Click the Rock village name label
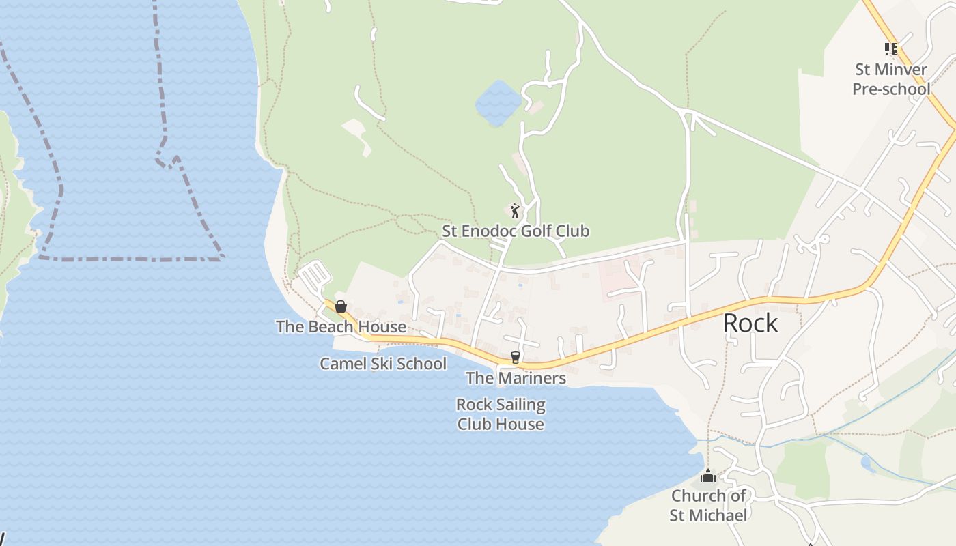point(750,323)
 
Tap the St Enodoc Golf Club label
point(516,231)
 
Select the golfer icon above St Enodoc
point(515,210)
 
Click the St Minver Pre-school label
point(891,79)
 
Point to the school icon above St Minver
point(890,48)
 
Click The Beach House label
point(341,326)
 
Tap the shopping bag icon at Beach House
point(341,306)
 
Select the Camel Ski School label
point(383,363)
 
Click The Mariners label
point(516,377)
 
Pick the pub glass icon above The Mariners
point(516,357)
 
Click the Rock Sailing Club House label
point(501,414)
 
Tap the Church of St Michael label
point(708,505)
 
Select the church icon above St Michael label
point(708,476)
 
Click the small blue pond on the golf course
point(498,103)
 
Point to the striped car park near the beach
point(315,276)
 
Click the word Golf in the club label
point(536,231)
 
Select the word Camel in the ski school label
point(342,363)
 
